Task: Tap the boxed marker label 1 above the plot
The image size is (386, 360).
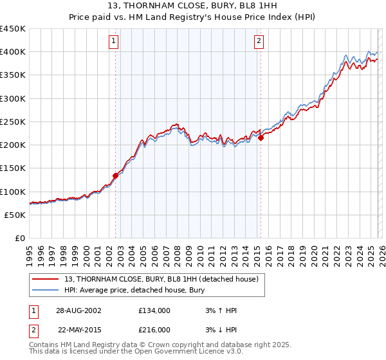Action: click(114, 42)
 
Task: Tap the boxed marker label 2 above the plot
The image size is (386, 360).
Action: click(259, 42)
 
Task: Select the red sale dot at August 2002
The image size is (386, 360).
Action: click(116, 175)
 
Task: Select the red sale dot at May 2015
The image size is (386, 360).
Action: click(261, 137)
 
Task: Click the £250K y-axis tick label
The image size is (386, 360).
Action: click(13, 122)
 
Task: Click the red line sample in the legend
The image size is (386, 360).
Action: click(46, 279)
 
